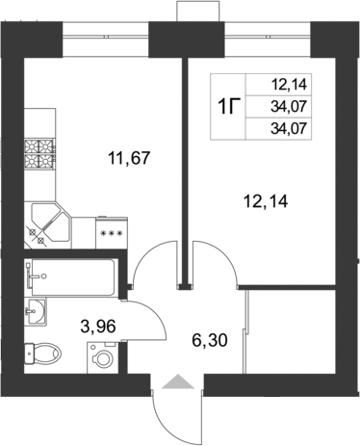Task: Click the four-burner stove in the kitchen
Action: [42, 150]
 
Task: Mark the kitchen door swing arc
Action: [154, 264]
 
